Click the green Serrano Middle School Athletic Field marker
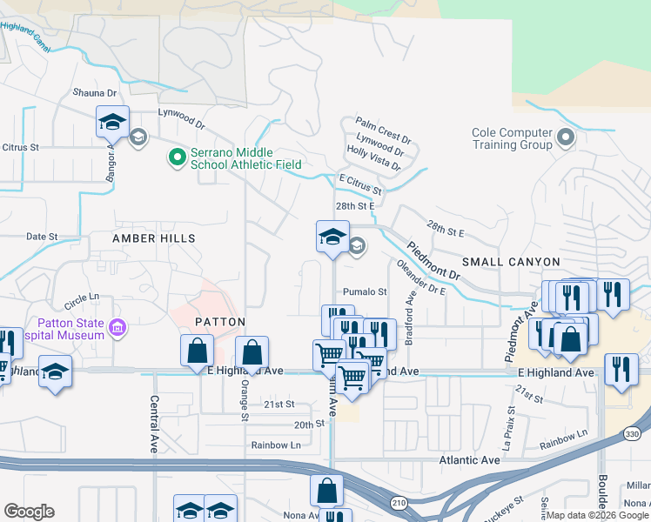pos(178,157)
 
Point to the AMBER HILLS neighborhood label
pos(153,238)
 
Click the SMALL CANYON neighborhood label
pos(511,262)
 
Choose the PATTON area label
pos(214,321)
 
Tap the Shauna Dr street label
pos(94,93)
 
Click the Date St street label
pos(41,236)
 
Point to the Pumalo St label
pos(364,291)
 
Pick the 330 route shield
pos(633,434)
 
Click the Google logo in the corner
pos(29,512)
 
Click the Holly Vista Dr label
pos(375,157)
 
